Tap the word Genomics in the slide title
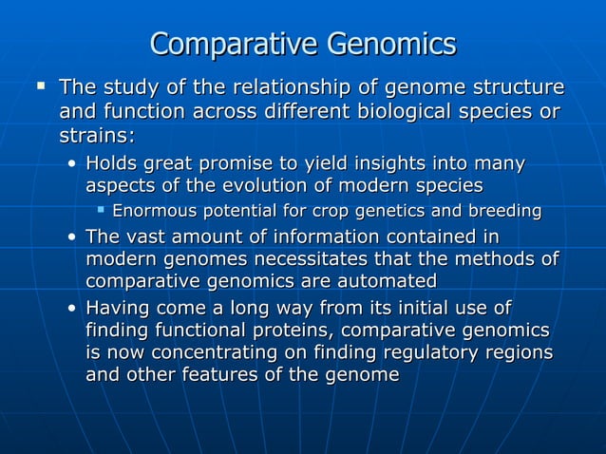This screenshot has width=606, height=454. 391,45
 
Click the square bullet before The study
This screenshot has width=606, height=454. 41,86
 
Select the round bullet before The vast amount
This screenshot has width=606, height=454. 73,236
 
